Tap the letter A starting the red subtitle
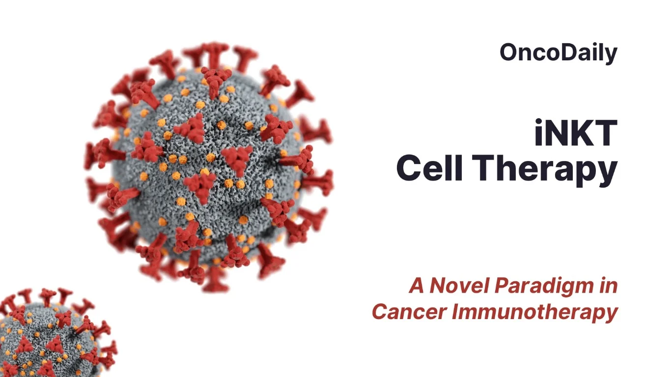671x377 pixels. pyautogui.click(x=417, y=286)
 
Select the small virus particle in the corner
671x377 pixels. pyautogui.click(x=49, y=339)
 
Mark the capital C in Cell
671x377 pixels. pyautogui.click(x=409, y=168)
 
